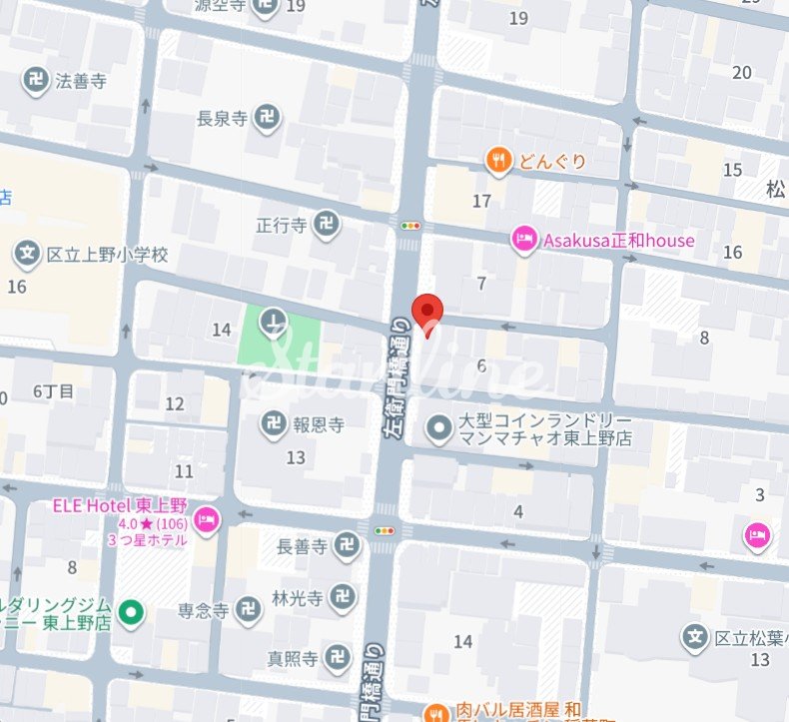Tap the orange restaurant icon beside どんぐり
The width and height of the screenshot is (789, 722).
pyautogui.click(x=499, y=160)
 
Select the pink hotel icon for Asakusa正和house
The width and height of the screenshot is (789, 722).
pyautogui.click(x=524, y=240)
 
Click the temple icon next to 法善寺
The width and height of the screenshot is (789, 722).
pyautogui.click(x=37, y=81)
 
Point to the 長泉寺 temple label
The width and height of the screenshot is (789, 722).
pyautogui.click(x=226, y=119)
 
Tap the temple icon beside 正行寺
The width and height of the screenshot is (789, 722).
pyautogui.click(x=326, y=225)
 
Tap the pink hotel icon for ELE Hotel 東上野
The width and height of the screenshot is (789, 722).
pyautogui.click(x=207, y=517)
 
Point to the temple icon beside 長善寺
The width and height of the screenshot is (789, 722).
pyautogui.click(x=348, y=545)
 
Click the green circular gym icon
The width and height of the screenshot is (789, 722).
pyautogui.click(x=129, y=612)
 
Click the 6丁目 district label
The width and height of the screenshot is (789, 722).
pyautogui.click(x=53, y=391)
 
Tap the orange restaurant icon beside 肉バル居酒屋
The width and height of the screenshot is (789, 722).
pyautogui.click(x=436, y=712)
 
